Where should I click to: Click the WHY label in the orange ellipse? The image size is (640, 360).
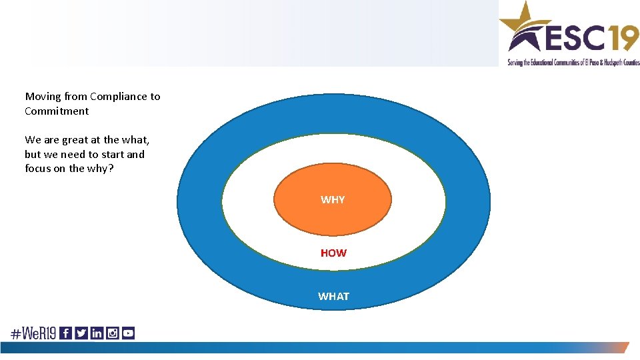[x=333, y=200]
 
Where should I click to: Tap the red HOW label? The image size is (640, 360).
[x=333, y=253]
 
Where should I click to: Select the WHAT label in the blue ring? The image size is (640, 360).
[x=333, y=297]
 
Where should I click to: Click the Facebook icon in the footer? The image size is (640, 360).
[x=65, y=333]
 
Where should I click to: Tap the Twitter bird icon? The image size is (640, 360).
[x=81, y=333]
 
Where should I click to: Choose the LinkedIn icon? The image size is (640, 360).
[x=97, y=333]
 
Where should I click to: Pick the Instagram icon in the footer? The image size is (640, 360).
[x=113, y=333]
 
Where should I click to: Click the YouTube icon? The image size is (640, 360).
[x=128, y=333]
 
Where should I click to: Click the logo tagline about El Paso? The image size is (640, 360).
[x=573, y=63]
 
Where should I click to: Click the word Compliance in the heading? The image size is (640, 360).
[x=117, y=97]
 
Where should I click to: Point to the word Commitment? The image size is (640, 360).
[x=57, y=111]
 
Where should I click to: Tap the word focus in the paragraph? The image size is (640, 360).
[x=39, y=169]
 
